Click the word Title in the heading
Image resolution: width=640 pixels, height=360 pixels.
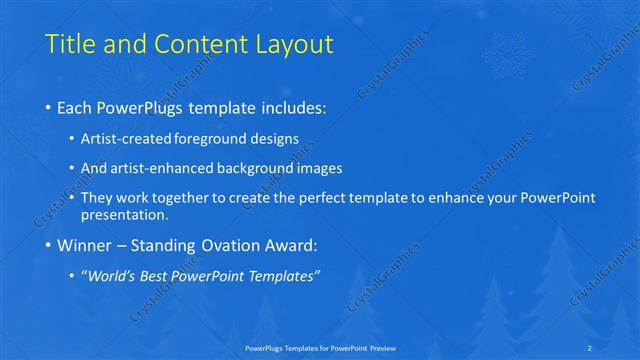pos(71,44)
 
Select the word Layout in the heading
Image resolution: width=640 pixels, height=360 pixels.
pos(292,44)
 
